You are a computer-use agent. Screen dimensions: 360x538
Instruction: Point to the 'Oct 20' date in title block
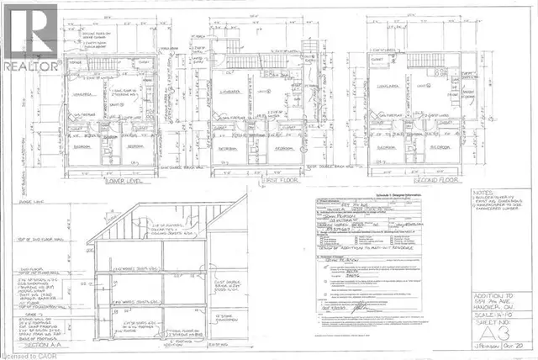click(x=517, y=344)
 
